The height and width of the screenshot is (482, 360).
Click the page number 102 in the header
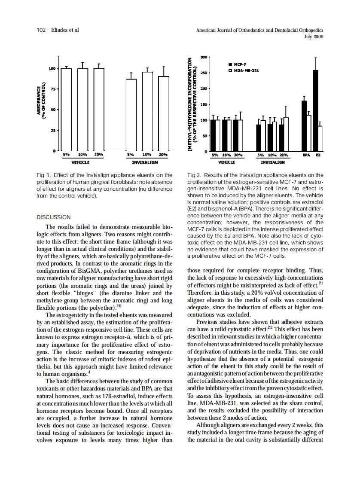click(x=41, y=30)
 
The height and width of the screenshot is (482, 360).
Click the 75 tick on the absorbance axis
click(x=53, y=89)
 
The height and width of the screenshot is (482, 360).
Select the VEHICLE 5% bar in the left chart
click(x=66, y=109)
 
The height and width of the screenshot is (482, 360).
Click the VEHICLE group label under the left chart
click(x=80, y=162)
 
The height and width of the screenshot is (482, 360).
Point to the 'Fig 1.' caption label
click(x=44, y=175)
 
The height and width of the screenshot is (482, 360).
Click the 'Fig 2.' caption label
click(x=195, y=175)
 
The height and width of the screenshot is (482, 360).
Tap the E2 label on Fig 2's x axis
click(x=318, y=155)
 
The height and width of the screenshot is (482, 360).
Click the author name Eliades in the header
click(x=59, y=30)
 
